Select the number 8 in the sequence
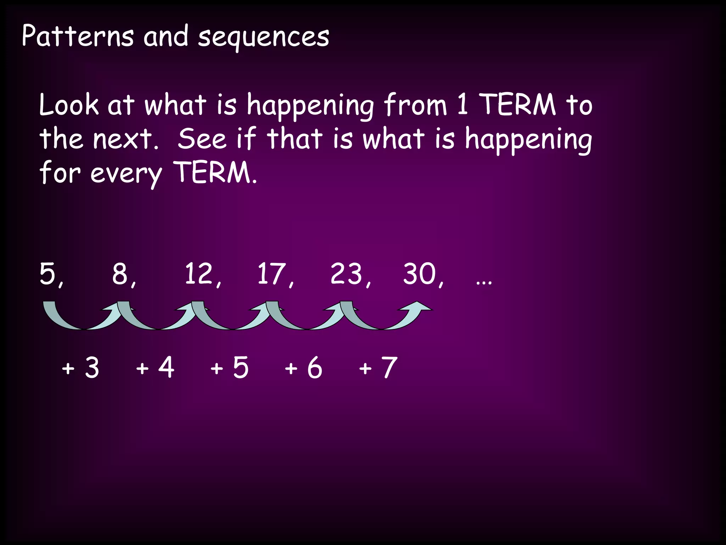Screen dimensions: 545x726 point(120,274)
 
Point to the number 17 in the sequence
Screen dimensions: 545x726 point(271,274)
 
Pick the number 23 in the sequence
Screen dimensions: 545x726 point(346,274)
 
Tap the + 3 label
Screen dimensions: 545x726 point(80,368)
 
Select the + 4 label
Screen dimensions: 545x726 point(155,368)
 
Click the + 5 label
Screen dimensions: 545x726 point(229,368)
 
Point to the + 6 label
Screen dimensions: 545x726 point(303,368)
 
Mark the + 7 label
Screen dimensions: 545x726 point(378,368)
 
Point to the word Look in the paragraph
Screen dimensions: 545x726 point(69,105)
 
